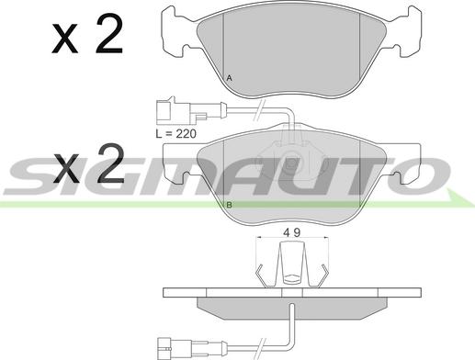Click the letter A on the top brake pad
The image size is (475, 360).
click(229, 78)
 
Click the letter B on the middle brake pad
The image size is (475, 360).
click(229, 205)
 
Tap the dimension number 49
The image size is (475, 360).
click(292, 232)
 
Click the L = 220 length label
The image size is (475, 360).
click(175, 134)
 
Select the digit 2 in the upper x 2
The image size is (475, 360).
click(109, 34)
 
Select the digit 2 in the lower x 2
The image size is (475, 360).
click(110, 163)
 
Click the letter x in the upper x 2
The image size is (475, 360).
click(64, 39)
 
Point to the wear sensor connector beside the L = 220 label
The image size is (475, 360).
click(181, 111)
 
